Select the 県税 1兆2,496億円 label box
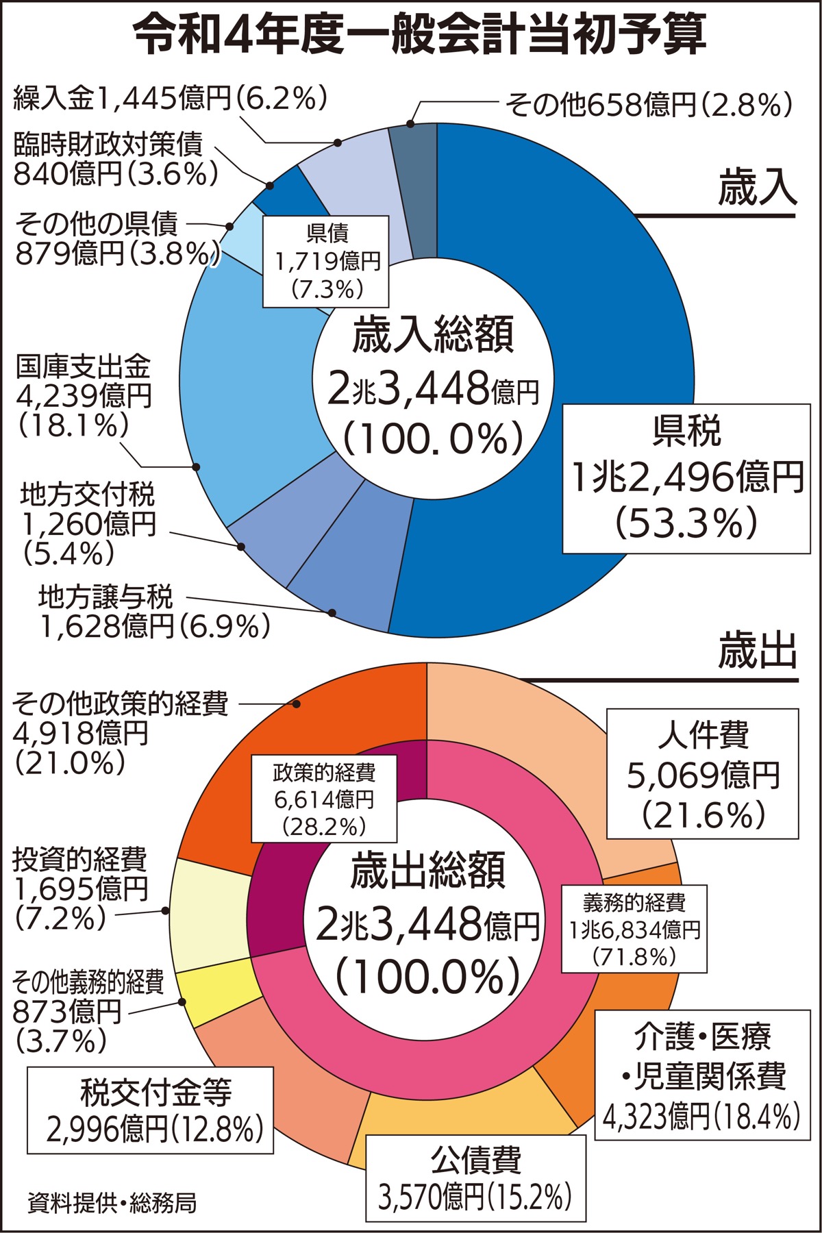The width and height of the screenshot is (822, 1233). coord(686,477)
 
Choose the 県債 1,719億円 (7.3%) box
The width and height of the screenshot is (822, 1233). coord(327,261)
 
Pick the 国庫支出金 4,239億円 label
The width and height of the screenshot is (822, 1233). coord(82,397)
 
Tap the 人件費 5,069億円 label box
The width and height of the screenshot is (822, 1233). coord(703,773)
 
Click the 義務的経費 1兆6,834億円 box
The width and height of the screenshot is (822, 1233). coord(634,929)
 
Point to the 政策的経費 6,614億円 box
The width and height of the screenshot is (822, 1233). coord(324,799)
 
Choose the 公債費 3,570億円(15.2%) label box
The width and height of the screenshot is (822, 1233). coord(476,1178)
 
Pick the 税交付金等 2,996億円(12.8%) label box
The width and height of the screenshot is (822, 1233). coord(151,1110)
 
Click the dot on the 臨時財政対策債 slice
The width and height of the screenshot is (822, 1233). coord(269,186)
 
